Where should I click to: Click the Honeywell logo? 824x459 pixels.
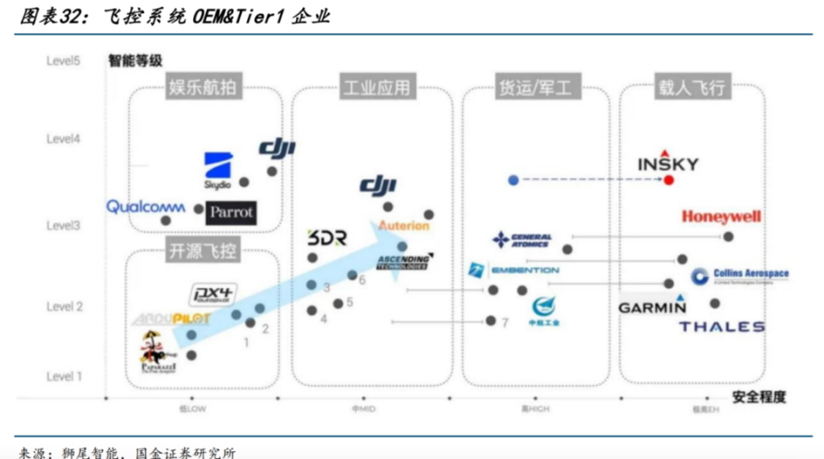[x=721, y=217]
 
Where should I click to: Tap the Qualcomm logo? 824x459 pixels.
[x=146, y=206]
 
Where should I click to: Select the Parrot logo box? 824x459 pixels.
[x=231, y=211]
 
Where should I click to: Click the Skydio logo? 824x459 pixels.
[x=218, y=169]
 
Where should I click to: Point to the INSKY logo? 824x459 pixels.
[x=669, y=163]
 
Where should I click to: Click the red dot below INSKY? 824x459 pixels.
[x=669, y=180]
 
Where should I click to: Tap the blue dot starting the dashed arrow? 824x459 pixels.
[x=512, y=180]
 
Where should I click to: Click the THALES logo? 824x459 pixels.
[x=721, y=327]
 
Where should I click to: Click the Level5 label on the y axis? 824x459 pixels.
[x=64, y=61]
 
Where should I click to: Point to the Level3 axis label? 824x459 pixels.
[x=64, y=225]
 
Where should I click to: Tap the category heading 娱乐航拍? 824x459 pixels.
[x=203, y=87]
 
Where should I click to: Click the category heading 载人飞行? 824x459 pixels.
[x=692, y=87]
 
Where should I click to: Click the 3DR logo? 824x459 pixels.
[x=326, y=238]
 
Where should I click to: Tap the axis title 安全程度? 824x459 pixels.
[x=759, y=397]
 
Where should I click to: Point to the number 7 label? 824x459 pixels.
[x=506, y=323]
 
